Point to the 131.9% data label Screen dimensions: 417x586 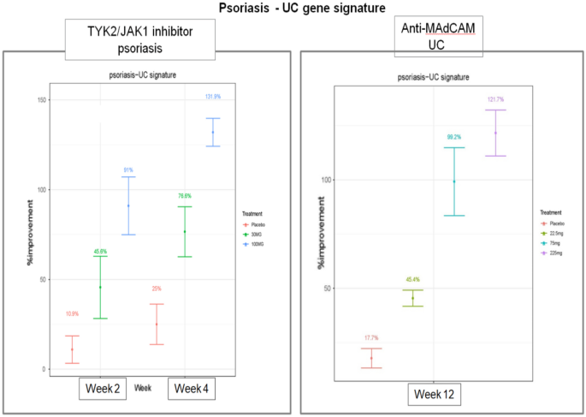(x=213, y=97)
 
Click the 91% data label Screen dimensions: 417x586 (x=128, y=170)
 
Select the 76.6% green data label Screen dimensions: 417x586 (x=185, y=196)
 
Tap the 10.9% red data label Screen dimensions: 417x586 (x=72, y=314)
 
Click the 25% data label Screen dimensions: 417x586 (x=157, y=289)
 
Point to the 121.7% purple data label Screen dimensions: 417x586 (x=495, y=99)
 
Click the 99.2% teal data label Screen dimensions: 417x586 (x=453, y=137)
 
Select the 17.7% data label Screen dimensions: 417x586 (x=371, y=338)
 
